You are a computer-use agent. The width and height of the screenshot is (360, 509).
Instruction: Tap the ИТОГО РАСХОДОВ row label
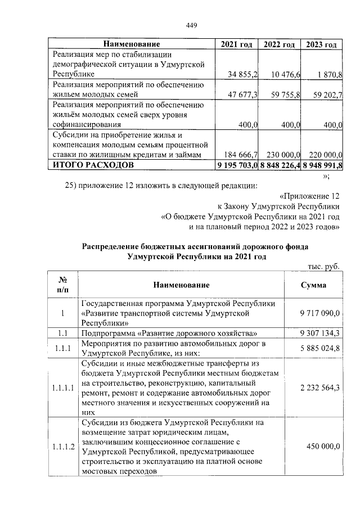point(93,165)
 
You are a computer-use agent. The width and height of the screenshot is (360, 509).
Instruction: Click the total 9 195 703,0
point(237,165)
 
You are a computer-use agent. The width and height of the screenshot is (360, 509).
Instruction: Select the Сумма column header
point(313,285)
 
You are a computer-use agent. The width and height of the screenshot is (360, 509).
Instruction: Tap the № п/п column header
point(62,285)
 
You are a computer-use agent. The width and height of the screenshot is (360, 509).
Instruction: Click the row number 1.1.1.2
point(62,447)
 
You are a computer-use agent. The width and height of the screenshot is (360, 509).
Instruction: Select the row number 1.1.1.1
point(62,388)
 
